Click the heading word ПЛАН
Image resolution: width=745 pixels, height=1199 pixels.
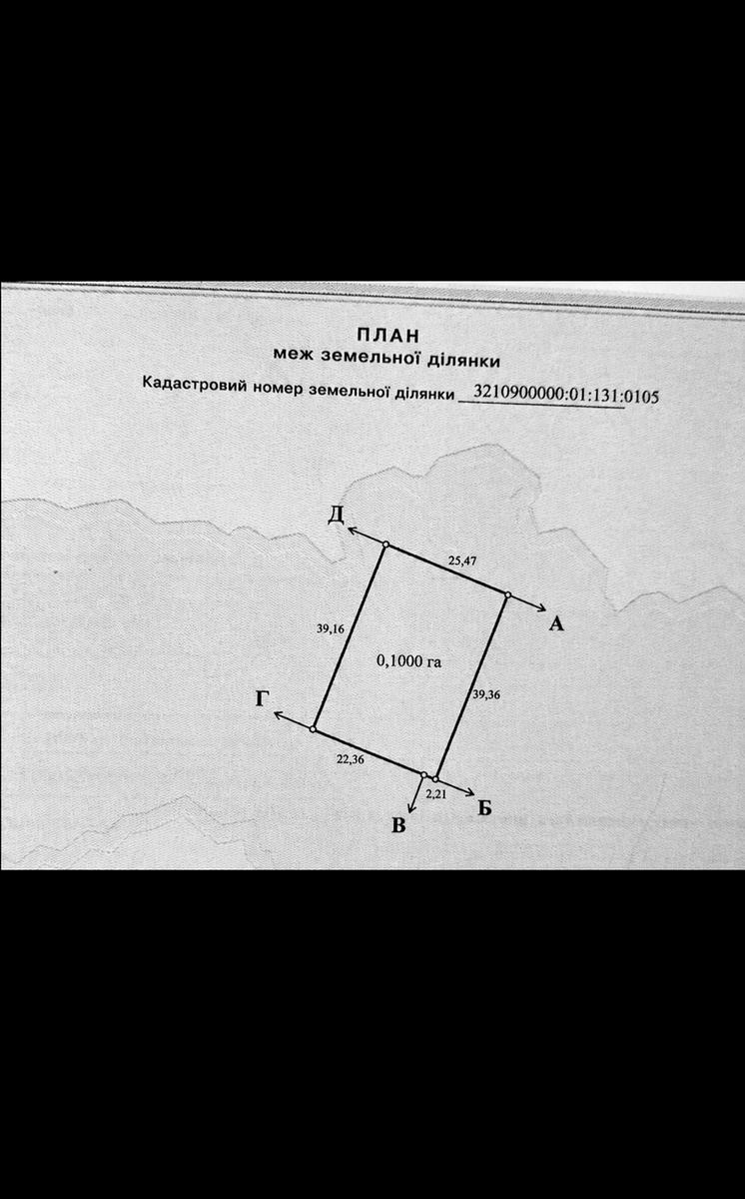click(x=387, y=336)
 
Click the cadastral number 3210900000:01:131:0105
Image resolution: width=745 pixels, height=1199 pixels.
click(x=566, y=395)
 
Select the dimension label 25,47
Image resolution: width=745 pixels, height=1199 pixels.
click(x=462, y=561)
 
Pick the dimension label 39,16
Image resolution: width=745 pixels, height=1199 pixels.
click(x=331, y=628)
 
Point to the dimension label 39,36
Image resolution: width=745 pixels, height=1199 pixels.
click(x=486, y=694)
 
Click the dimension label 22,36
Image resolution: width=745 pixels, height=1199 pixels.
click(x=351, y=758)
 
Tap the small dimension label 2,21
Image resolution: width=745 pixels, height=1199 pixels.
click(x=435, y=794)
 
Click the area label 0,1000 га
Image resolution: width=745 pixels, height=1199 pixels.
click(x=409, y=661)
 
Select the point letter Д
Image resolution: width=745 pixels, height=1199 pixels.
click(x=336, y=515)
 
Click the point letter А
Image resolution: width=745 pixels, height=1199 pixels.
click(x=556, y=623)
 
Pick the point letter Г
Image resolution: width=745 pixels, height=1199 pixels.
click(x=262, y=698)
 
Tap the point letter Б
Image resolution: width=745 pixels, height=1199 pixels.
click(x=484, y=807)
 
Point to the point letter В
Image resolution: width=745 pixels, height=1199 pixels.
click(x=398, y=826)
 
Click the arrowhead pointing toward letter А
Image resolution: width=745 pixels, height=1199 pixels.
click(x=541, y=607)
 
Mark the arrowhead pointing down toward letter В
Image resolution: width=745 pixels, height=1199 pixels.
click(x=411, y=810)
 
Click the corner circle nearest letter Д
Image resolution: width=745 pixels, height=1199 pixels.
click(x=385, y=545)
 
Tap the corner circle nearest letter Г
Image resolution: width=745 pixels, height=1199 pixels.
click(x=314, y=728)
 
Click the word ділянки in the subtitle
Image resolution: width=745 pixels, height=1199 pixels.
click(x=463, y=361)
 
